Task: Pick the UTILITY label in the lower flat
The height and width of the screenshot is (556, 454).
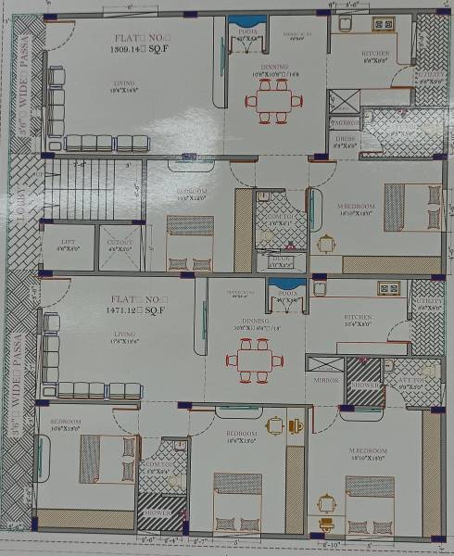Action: coord(426,307)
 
